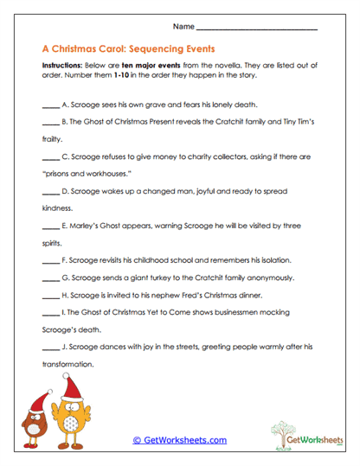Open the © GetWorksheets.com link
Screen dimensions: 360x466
pos(180,440)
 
